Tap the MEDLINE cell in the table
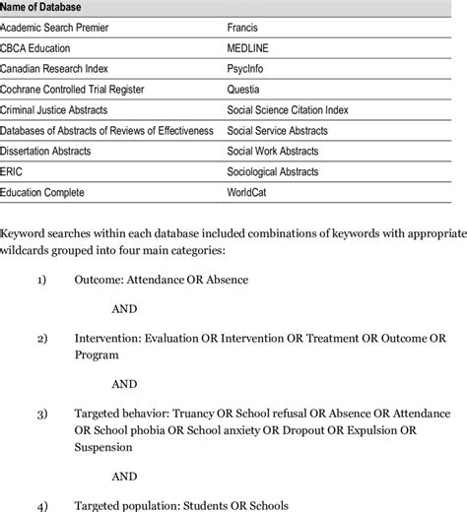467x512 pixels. [250, 49]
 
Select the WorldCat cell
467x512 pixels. [250, 192]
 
